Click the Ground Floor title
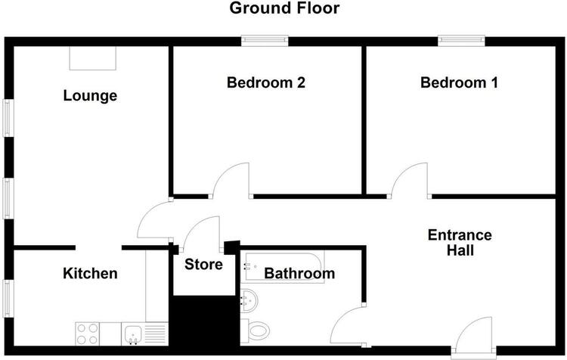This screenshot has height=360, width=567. [x=284, y=8]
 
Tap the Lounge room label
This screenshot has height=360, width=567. [x=90, y=95]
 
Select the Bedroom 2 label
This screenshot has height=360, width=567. [x=266, y=82]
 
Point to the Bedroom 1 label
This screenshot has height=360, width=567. [x=459, y=82]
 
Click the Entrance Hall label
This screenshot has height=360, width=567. [x=460, y=243]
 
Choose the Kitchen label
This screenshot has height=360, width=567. [x=90, y=273]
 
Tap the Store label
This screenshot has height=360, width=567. [x=203, y=265]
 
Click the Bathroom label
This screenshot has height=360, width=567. [x=299, y=273]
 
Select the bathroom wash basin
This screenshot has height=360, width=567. [x=249, y=300]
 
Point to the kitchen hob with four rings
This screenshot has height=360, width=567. [x=87, y=334]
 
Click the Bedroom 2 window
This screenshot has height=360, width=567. [x=265, y=41]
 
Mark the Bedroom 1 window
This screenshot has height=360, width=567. [x=461, y=41]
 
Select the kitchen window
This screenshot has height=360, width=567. [x=8, y=299]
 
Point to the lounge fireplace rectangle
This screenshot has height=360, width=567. [x=92, y=58]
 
